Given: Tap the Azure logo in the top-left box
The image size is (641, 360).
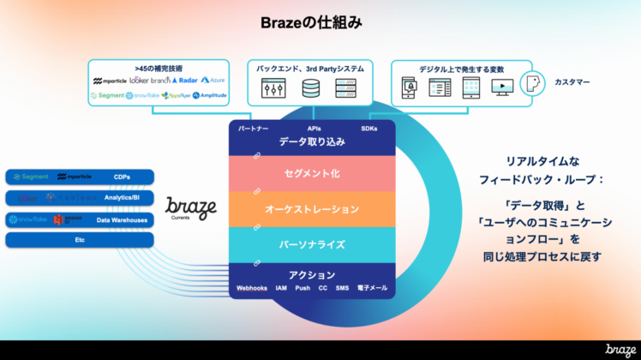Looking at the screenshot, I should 213,81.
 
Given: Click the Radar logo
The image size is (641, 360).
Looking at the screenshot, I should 183,81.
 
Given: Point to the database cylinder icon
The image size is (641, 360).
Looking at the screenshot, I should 310,87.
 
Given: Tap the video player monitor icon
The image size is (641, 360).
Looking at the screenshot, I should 502,87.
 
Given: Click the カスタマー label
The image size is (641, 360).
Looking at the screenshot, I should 571,83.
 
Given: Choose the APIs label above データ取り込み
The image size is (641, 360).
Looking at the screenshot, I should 314,128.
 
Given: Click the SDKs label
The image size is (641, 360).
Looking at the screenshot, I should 369,128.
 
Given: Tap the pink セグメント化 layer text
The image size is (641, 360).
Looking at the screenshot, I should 312,173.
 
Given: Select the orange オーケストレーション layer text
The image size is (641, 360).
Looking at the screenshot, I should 312,209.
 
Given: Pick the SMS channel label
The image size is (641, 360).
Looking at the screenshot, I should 343,288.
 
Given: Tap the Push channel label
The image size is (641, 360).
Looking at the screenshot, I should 303,288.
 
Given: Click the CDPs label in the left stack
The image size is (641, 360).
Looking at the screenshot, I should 123,177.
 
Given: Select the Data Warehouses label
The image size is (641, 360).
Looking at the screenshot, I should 122,220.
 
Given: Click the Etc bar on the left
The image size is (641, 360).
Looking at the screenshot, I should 80,241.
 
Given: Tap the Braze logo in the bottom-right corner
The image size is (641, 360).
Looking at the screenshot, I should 620,349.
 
